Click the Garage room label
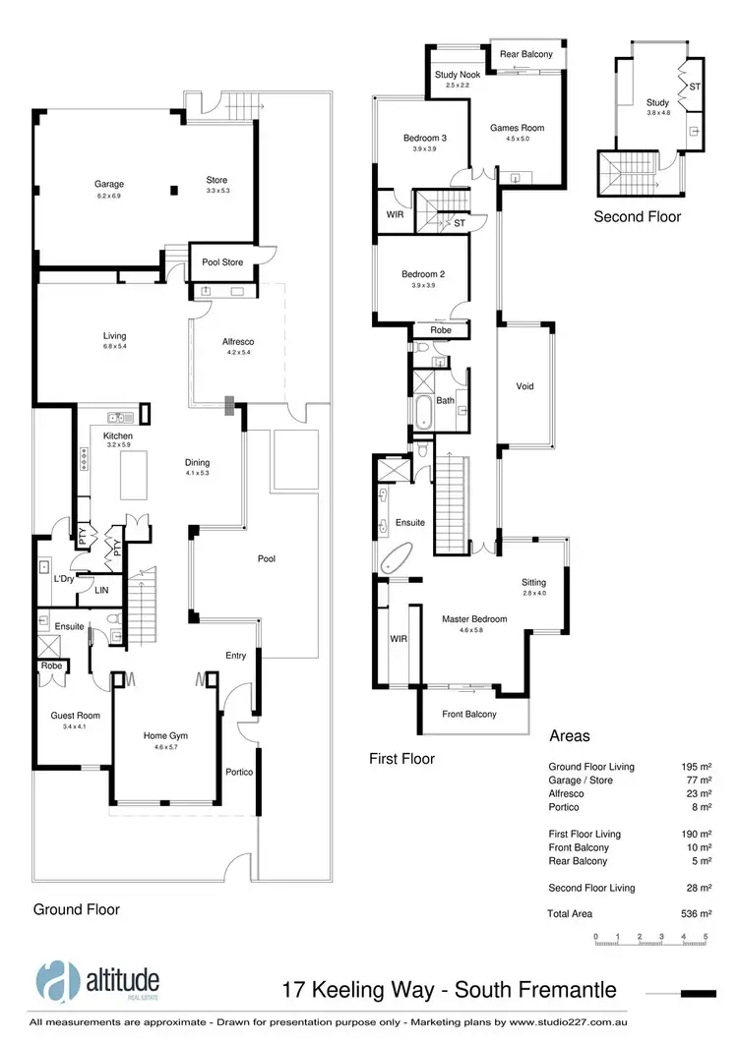point(108,184)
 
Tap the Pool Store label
point(222,262)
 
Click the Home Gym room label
point(165,735)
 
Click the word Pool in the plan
point(267,558)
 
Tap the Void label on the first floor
point(524,386)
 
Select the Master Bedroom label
point(474,619)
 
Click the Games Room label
point(517,128)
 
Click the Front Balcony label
point(468,715)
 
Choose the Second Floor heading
point(637,217)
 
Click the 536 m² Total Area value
point(698,914)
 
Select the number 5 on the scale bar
point(706,937)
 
